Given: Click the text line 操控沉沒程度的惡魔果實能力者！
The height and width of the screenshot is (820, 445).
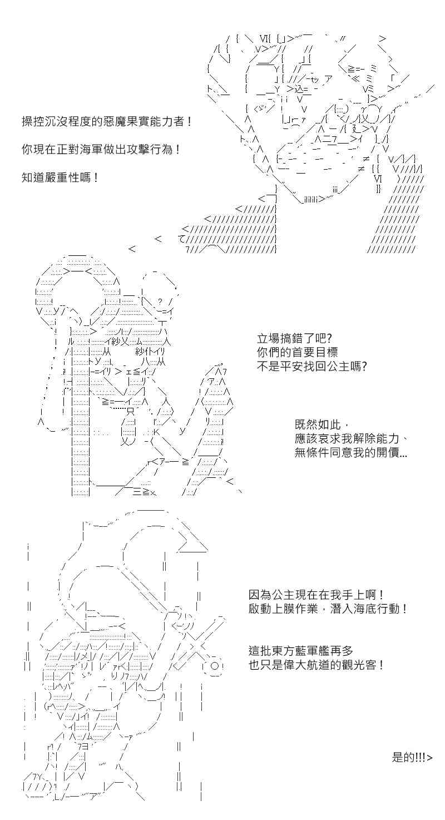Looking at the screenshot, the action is (106, 121).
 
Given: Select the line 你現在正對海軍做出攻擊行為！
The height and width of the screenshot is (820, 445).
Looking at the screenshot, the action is (101, 149).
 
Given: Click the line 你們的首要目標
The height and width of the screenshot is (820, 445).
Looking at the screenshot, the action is (297, 352).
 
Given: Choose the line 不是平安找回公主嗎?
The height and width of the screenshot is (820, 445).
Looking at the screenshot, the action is (312, 366).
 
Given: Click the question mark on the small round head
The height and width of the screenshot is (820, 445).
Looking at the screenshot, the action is (160, 302).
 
